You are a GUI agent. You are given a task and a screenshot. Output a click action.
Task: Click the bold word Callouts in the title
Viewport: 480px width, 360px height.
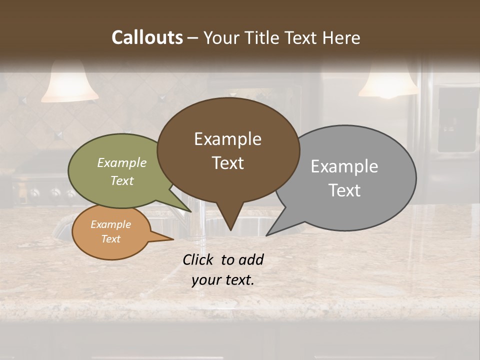coord(147,37)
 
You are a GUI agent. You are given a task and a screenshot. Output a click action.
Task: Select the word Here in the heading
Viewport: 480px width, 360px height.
coord(342,37)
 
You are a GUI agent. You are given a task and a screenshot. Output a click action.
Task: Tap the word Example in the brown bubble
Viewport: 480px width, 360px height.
coord(227,139)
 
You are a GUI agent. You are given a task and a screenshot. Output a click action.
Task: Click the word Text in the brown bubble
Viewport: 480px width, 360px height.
coord(227,163)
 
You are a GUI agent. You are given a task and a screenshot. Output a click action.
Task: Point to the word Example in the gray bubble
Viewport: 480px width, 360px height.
coord(344,166)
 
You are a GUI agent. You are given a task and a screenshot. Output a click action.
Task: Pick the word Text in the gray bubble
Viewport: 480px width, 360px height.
coord(345,190)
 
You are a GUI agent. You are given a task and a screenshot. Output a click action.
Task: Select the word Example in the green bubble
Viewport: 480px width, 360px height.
coord(122,163)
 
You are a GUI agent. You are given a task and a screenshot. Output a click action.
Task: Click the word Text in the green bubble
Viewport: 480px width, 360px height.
coord(122,180)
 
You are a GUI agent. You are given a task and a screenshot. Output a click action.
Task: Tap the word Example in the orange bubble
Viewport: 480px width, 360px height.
coord(110,224)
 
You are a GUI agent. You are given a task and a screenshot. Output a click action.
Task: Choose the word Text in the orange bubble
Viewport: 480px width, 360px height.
coord(110,239)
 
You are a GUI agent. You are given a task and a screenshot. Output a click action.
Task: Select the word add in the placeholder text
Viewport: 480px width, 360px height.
coord(251,259)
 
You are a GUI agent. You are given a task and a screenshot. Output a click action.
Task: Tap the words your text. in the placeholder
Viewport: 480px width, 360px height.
coord(223,280)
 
